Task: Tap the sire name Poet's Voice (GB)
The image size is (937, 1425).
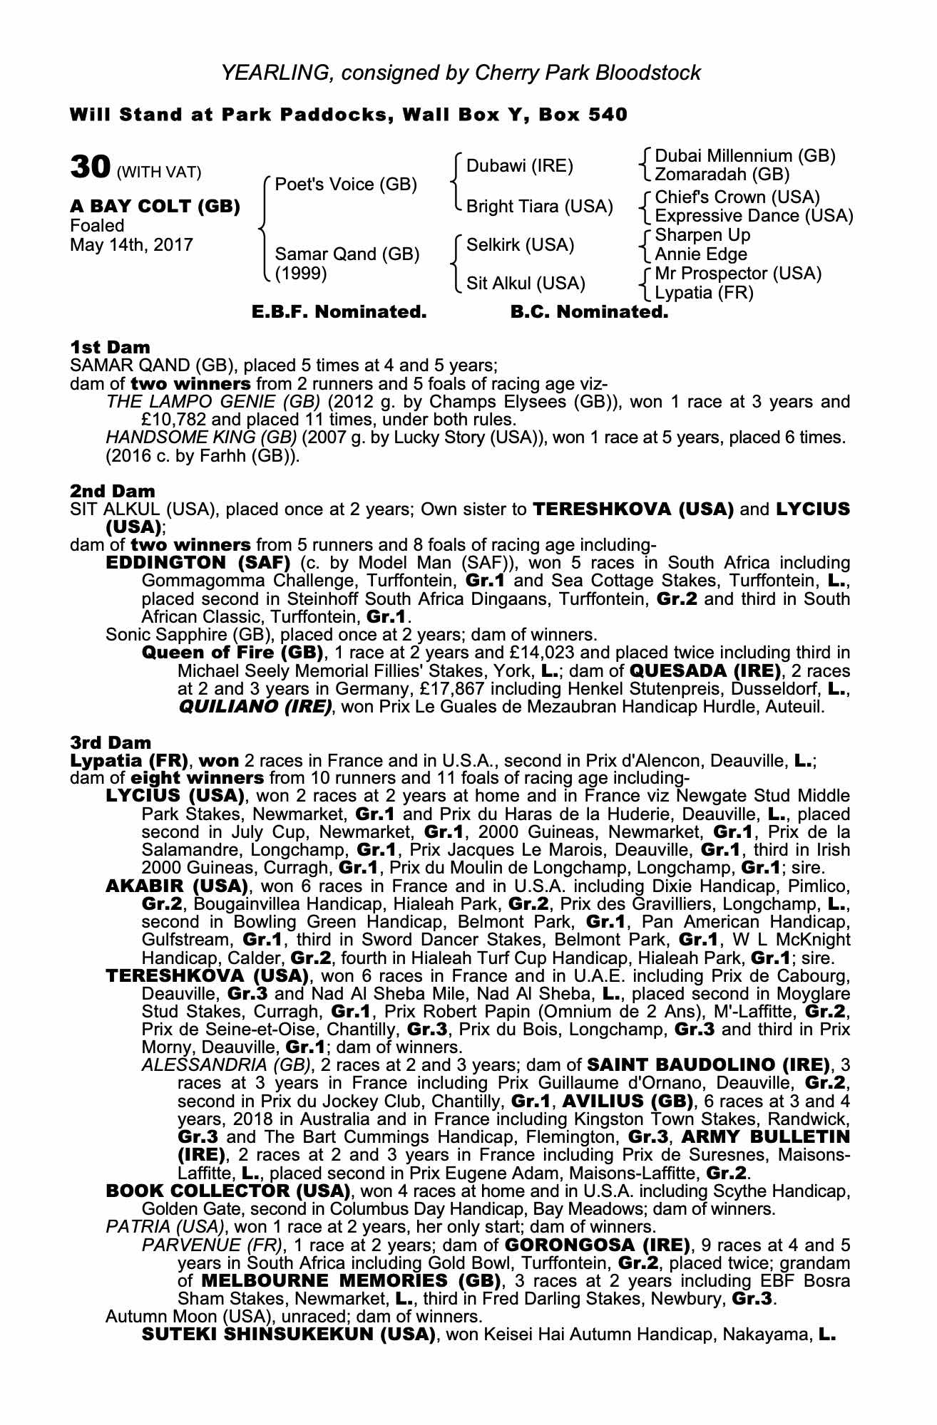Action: pos(346,185)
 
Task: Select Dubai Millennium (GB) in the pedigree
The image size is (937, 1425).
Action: pos(744,156)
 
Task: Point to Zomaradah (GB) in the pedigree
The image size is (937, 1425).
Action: pos(722,175)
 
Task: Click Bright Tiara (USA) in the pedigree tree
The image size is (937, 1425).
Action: pos(539,207)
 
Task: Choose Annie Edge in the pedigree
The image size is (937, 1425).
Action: pos(701,254)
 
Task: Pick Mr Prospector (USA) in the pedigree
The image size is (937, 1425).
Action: pos(737,274)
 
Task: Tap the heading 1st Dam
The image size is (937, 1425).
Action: pos(110,347)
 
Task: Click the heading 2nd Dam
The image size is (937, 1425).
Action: pos(112,491)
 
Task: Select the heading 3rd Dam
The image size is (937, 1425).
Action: pos(111,742)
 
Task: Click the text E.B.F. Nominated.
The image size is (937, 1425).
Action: pos(339,312)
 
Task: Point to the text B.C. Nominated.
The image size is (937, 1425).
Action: pos(590,312)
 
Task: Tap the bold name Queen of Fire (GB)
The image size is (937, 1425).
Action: pos(232,653)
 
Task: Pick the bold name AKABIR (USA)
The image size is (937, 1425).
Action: pos(176,887)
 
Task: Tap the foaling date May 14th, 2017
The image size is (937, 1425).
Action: pos(131,245)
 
